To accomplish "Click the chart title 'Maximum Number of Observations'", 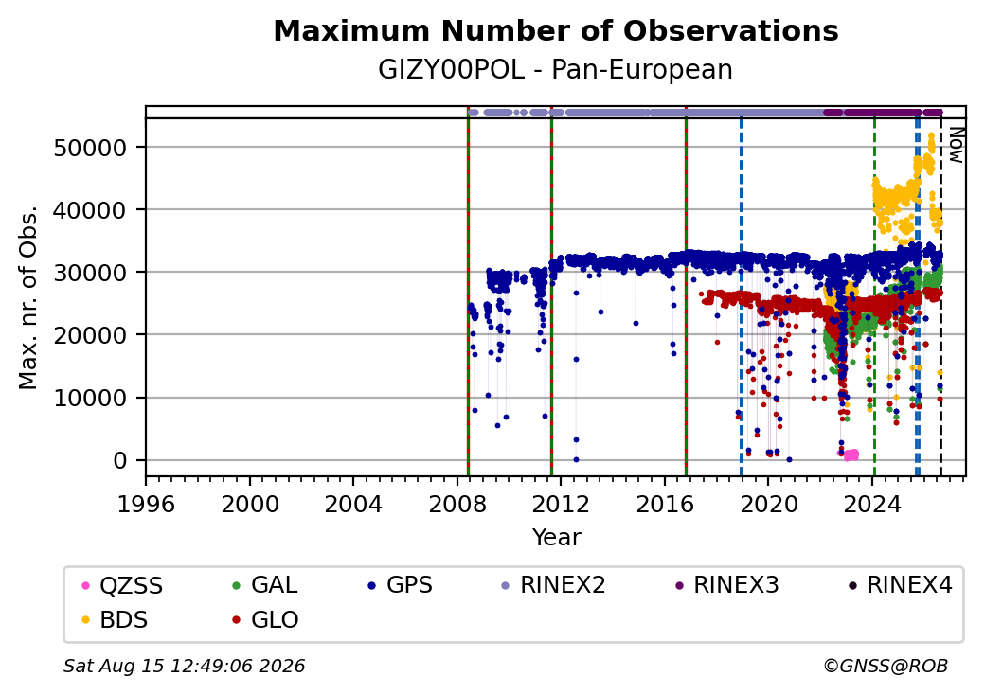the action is [556, 30].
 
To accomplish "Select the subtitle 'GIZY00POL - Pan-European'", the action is [555, 70].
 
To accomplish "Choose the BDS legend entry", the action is [116, 620].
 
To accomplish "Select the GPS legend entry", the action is [401, 585].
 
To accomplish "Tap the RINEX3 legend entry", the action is [726, 585].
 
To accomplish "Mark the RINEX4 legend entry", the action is [900, 585].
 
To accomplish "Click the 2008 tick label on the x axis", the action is [457, 504].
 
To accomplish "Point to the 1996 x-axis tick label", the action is [147, 504].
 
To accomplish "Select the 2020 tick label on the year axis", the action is [769, 504].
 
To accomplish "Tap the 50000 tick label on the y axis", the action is [91, 148].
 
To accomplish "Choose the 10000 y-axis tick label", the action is [91, 398].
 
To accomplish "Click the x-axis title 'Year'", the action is [557, 538].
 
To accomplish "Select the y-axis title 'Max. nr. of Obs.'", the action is [28, 297].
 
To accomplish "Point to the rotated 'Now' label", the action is [956, 145].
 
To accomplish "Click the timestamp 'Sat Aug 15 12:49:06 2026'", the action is [185, 666].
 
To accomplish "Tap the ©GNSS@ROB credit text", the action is [886, 666].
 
